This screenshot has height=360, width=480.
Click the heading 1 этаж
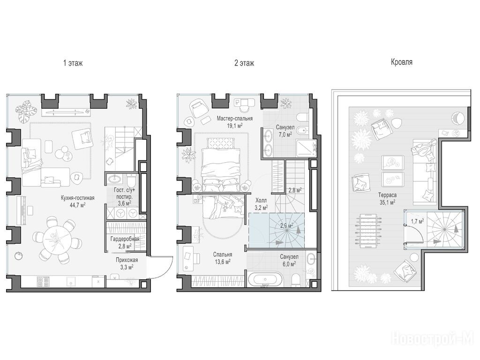coord(73,63)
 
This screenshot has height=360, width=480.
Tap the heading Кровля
coord(402,62)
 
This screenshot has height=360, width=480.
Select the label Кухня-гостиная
coord(77,198)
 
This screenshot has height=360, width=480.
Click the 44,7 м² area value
coord(77,205)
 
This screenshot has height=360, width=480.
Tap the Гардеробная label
coord(125,239)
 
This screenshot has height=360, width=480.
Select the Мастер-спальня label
coord(234,119)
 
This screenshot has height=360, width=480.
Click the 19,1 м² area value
coord(234,125)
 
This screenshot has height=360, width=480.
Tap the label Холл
coord(261,200)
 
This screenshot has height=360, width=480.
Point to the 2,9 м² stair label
coord(286,226)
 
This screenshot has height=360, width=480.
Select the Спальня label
coord(223,255)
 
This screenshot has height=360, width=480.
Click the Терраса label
coord(387,195)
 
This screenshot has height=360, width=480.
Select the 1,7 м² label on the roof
coord(417,221)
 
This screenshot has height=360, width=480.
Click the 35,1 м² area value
coord(387,202)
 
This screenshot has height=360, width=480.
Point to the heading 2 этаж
coord(244,63)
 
